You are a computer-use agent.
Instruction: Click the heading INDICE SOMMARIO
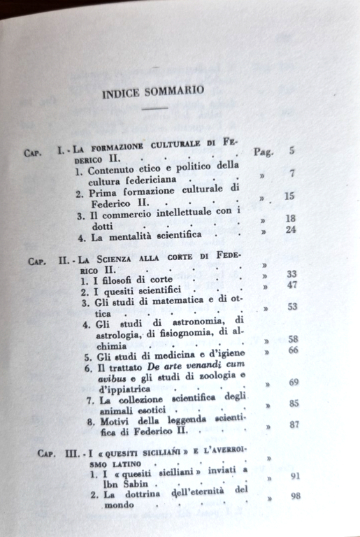point(152,91)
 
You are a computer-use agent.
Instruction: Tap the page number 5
point(291,150)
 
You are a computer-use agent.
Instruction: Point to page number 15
point(289,196)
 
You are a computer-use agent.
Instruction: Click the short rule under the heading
point(154,108)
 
